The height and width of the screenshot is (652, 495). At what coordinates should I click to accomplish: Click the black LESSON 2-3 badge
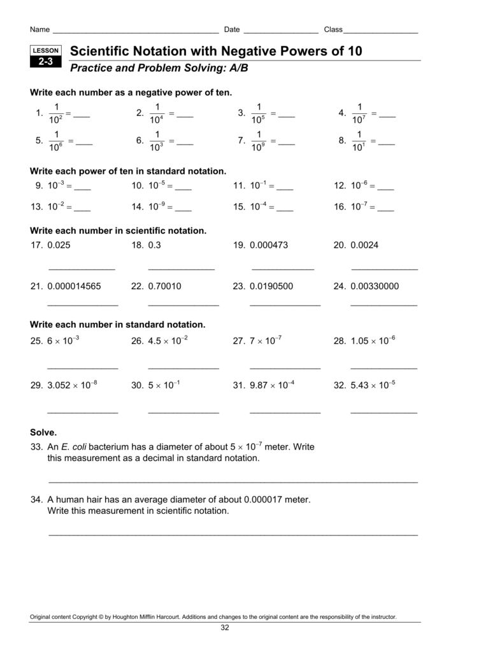tap(45, 57)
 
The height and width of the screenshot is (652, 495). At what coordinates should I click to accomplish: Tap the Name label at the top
tap(39, 30)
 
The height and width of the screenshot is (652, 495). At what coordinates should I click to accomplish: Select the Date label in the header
tap(232, 30)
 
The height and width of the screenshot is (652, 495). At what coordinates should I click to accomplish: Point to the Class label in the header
tap(333, 30)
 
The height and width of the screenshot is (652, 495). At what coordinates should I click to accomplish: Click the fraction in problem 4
tap(359, 113)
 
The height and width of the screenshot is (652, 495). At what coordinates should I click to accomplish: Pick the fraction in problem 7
tap(258, 141)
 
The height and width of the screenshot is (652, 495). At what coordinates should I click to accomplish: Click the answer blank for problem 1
tap(82, 116)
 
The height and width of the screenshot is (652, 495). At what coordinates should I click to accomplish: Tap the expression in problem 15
tap(258, 207)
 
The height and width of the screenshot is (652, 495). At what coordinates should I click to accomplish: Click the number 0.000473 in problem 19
tap(269, 245)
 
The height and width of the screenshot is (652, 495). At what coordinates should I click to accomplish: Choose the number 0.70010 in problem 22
tap(164, 287)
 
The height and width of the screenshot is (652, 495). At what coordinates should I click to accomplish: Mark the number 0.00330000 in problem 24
tap(375, 287)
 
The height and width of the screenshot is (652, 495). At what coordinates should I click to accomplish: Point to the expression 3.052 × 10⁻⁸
tap(72, 386)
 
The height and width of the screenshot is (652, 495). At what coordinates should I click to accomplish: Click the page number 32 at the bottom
tap(224, 628)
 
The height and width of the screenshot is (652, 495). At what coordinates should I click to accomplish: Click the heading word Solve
tap(44, 432)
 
